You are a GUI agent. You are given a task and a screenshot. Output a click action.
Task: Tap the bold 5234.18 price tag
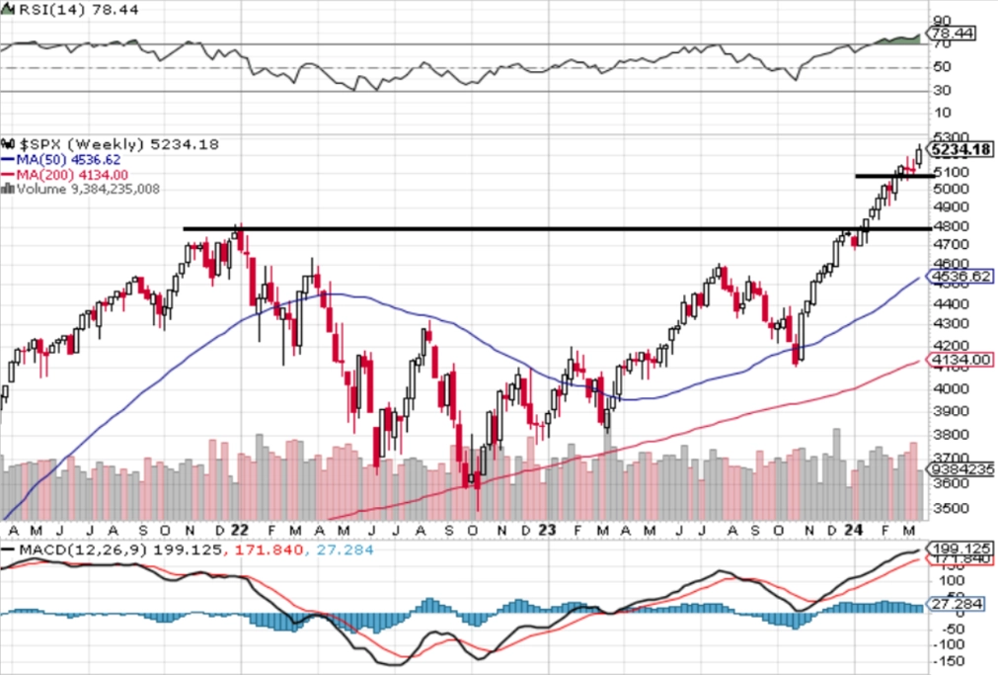tap(961, 149)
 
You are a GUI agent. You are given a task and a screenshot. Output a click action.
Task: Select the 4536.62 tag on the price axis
tap(960, 276)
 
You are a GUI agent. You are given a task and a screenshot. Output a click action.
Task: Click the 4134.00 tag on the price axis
tap(960, 360)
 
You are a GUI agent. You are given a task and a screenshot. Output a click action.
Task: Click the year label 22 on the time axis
tap(241, 530)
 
